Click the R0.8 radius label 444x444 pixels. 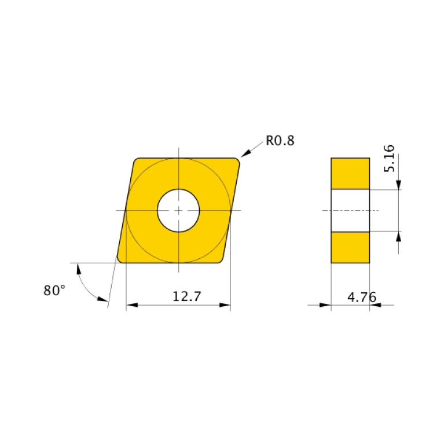pos(280,141)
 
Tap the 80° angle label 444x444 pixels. pos(54,291)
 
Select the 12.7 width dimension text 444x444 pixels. pos(186,296)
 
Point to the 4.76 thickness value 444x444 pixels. pos(361,297)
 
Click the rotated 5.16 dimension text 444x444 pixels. pos(389,157)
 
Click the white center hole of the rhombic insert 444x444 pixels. pos(178,210)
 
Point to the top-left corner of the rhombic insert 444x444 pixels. pos(137,162)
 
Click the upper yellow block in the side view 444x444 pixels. pos(350,173)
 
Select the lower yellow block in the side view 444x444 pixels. pos(350,247)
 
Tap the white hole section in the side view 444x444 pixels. pos(350,210)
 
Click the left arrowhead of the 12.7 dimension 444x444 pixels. pos(131,305)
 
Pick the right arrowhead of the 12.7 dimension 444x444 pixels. pos(225,305)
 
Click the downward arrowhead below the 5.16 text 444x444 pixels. pos(398,184)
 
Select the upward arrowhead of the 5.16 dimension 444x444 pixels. pos(398,236)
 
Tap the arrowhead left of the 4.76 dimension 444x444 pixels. pos(326,305)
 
